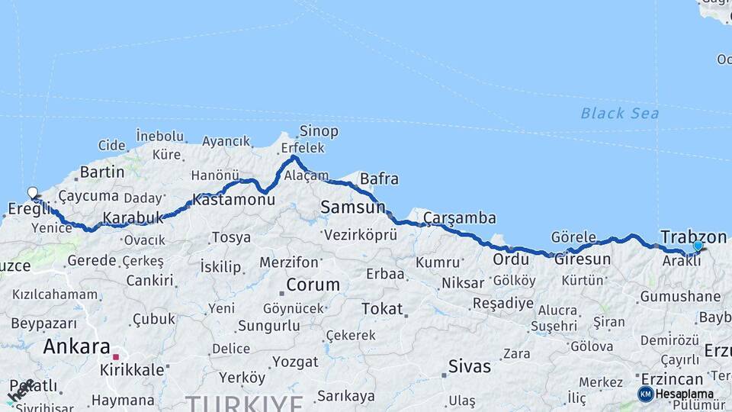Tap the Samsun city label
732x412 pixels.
[x=353, y=207]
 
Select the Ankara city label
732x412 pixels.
[x=77, y=346]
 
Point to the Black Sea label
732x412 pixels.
[x=619, y=114]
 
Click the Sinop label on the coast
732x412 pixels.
[x=319, y=131]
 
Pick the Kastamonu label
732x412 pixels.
[x=233, y=200]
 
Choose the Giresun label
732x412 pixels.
[x=583, y=259]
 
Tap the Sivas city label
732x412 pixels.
[x=470, y=366]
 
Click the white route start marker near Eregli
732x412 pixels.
[x=33, y=193]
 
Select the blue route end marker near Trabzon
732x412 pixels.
[x=698, y=246]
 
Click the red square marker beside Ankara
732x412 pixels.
[x=116, y=356]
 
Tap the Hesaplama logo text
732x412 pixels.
[x=685, y=394]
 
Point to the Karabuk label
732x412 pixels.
[x=133, y=217]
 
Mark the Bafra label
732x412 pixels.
[x=379, y=179]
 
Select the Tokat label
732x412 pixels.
[x=381, y=309]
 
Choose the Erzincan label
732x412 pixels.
[x=672, y=379]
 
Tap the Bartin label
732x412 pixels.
[x=102, y=172]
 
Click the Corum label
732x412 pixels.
[x=313, y=285]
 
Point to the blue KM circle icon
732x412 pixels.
[x=645, y=394]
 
